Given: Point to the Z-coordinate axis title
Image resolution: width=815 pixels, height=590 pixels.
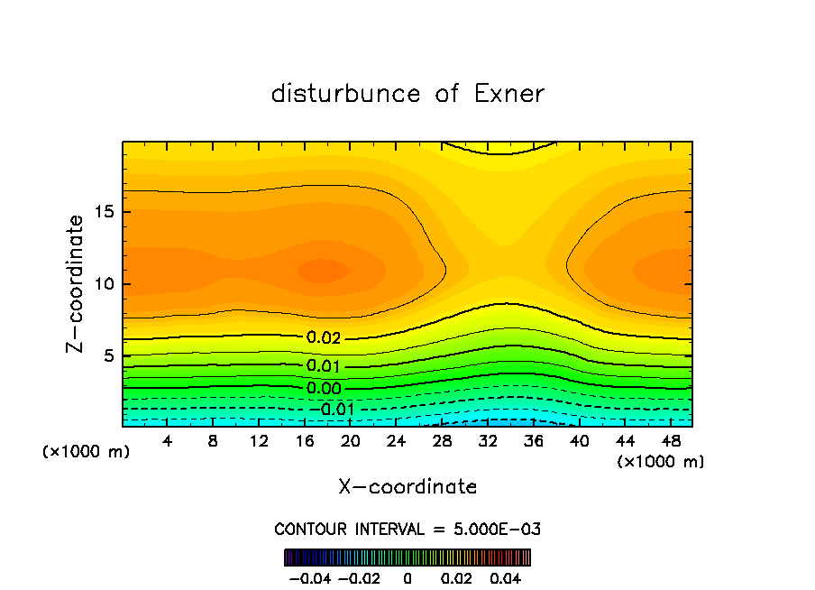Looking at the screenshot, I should (78, 283).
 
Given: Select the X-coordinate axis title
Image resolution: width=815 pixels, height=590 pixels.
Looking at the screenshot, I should (407, 487).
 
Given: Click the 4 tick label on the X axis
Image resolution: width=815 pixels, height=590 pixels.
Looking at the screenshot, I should (168, 441).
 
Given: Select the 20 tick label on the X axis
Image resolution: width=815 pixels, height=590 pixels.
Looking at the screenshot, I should (351, 441).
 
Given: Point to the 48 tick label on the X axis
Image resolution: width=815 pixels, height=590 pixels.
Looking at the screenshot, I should (671, 441).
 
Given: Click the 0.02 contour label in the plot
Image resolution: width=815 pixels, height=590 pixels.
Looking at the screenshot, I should (323, 338).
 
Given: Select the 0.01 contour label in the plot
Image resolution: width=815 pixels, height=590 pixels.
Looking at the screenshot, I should (323, 366).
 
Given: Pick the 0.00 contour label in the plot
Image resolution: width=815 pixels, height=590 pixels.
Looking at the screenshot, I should (323, 389).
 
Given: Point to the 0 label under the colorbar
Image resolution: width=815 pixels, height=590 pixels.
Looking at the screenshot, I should (407, 577).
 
